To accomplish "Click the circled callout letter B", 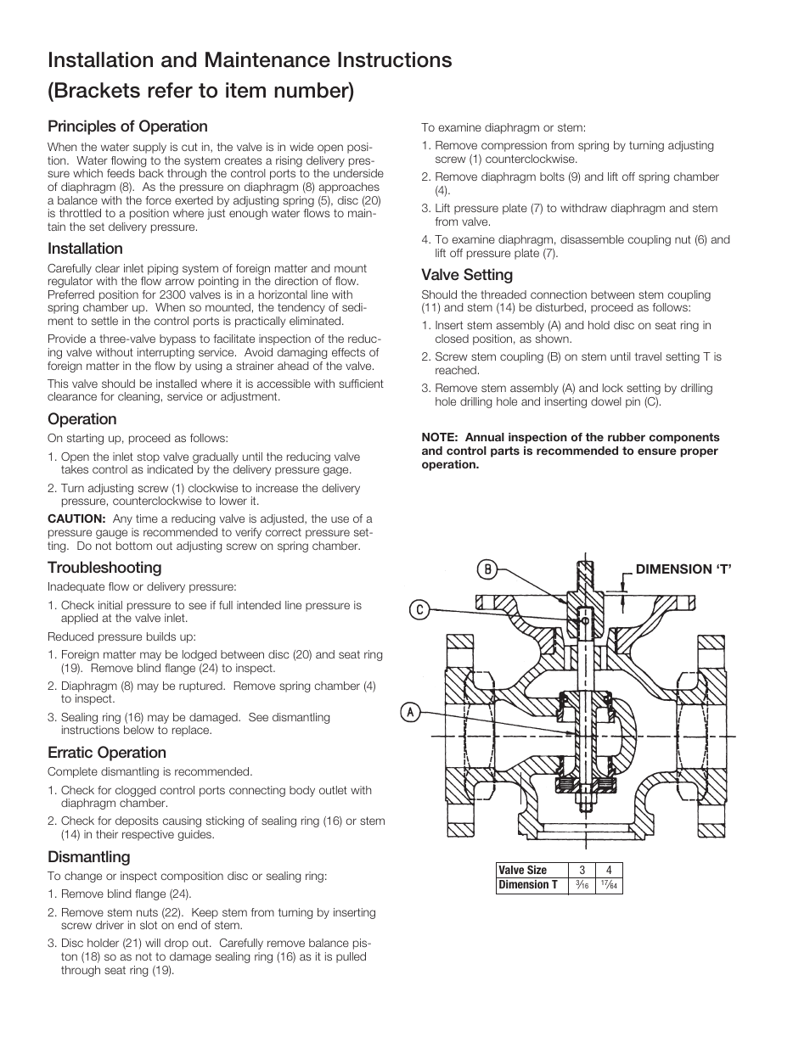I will pyautogui.click(x=487, y=569).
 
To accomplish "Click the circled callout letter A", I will pyautogui.click(x=409, y=712).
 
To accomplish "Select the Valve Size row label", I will pyautogui.click(x=522, y=870).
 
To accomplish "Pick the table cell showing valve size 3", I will pyautogui.click(x=582, y=870).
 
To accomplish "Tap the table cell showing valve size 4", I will pyautogui.click(x=609, y=870).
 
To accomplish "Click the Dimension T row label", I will pyautogui.click(x=528, y=885).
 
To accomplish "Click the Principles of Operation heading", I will pyautogui.click(x=127, y=126).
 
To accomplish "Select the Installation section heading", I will pyautogui.click(x=85, y=249).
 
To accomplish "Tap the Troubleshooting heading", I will pyautogui.click(x=104, y=568).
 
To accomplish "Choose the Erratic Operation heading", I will pyautogui.click(x=107, y=753).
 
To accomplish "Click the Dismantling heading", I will pyautogui.click(x=89, y=857).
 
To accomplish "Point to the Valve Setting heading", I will pyautogui.click(x=467, y=275).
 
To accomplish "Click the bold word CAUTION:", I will pyautogui.click(x=76, y=519).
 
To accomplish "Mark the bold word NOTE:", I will pyautogui.click(x=439, y=438).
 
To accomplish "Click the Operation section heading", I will pyautogui.click(x=82, y=419).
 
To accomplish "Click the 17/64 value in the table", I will pyautogui.click(x=609, y=885).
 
